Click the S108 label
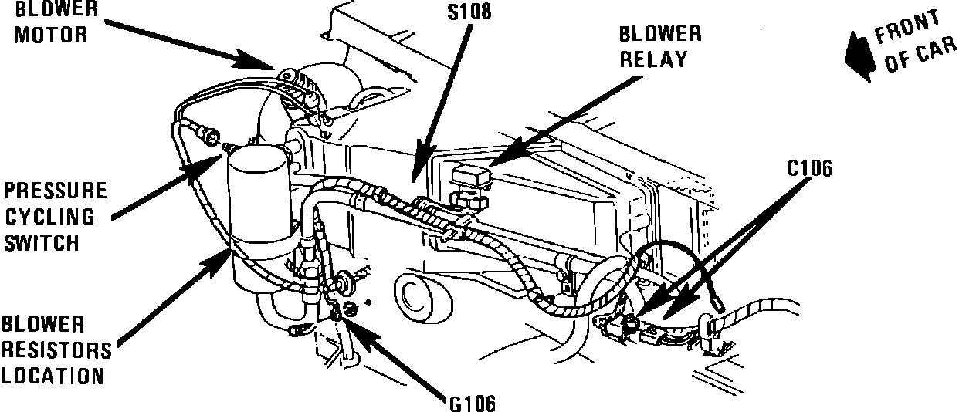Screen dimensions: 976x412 469,12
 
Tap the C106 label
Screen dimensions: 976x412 809,169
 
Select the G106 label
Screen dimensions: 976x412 473,404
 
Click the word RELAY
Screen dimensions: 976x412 653,59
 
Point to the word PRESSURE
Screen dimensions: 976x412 56,191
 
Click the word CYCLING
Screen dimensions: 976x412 49,217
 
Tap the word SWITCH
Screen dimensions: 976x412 42,242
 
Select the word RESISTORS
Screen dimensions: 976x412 56,350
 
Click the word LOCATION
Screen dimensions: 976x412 53,377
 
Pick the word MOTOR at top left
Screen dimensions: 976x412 51,35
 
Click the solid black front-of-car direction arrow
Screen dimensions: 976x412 859,56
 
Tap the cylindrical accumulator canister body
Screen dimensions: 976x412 259,218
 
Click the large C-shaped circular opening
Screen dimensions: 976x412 422,299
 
